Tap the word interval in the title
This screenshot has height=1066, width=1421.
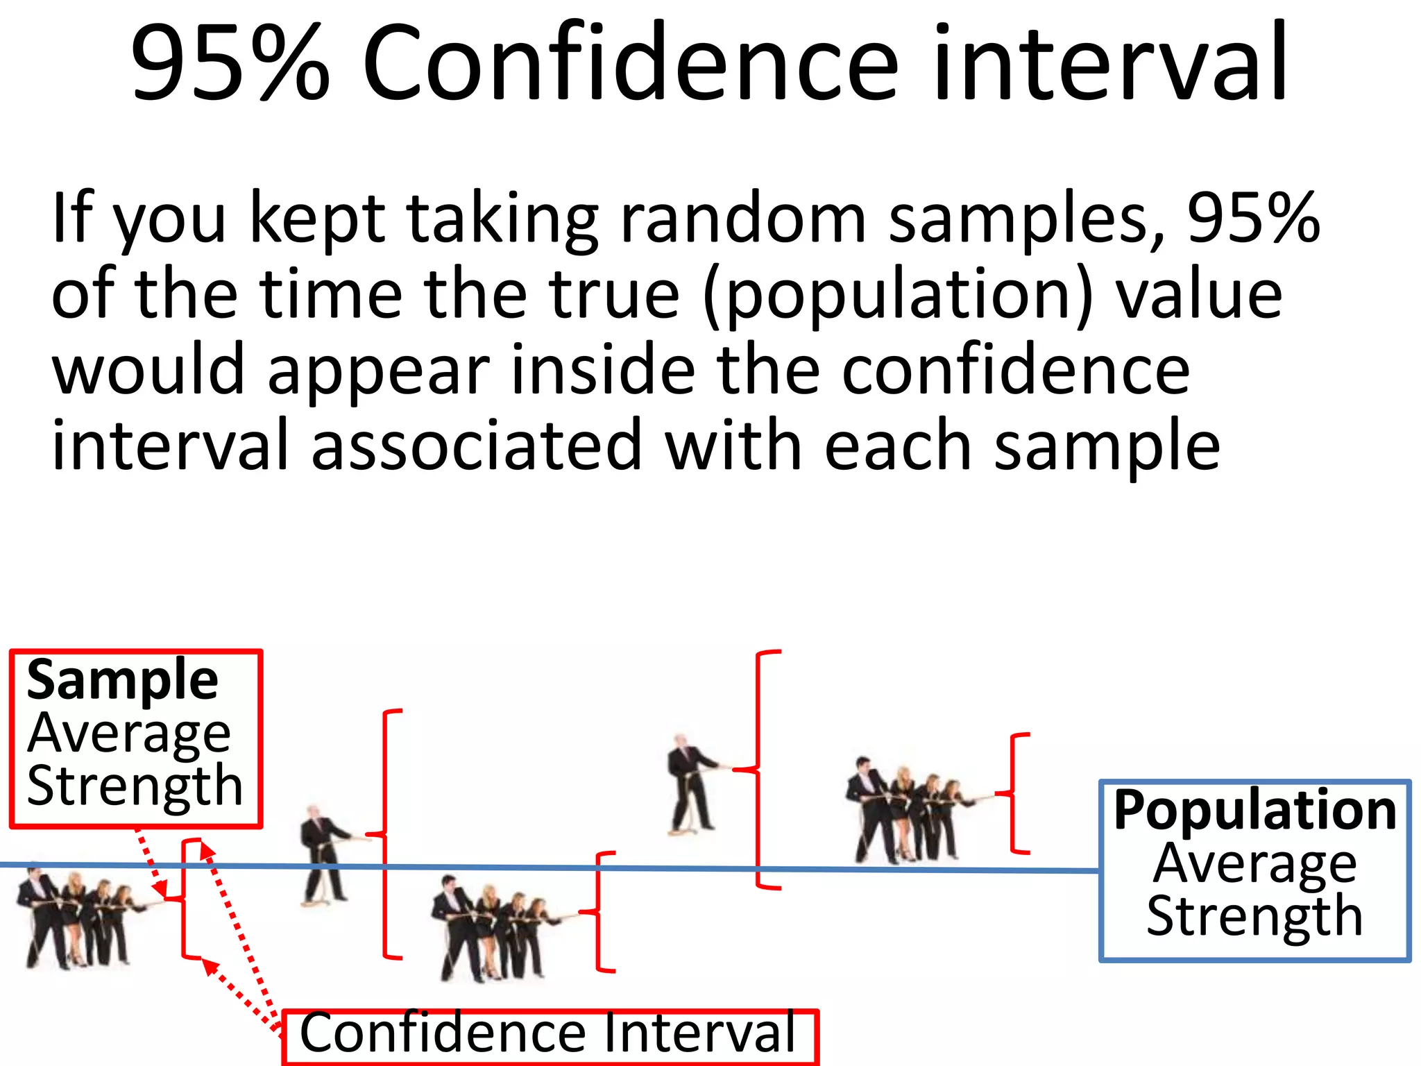coord(1110,62)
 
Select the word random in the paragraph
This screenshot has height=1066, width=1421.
coord(742,219)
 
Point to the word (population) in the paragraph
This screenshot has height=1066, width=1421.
coord(899,295)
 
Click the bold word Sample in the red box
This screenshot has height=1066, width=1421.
coord(122,680)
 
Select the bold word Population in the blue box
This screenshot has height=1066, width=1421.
coord(1254,810)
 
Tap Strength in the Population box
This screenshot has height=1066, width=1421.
coord(1254,916)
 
